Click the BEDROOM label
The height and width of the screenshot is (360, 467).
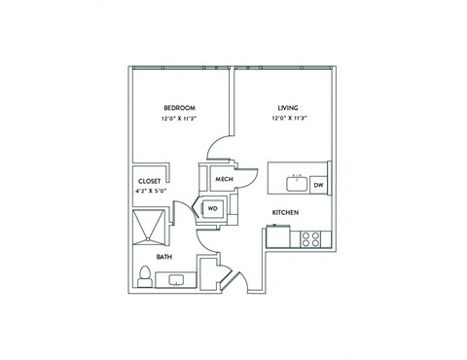[x=180, y=107]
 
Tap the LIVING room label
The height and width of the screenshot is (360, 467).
[x=287, y=107]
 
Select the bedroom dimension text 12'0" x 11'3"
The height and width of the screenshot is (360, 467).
[x=180, y=119]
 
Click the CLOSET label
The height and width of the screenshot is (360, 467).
[x=149, y=181]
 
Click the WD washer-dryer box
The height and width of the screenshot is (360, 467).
[x=212, y=207]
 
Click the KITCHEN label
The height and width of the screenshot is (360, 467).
[x=284, y=212]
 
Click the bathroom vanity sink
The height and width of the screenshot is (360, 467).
[x=177, y=280]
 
